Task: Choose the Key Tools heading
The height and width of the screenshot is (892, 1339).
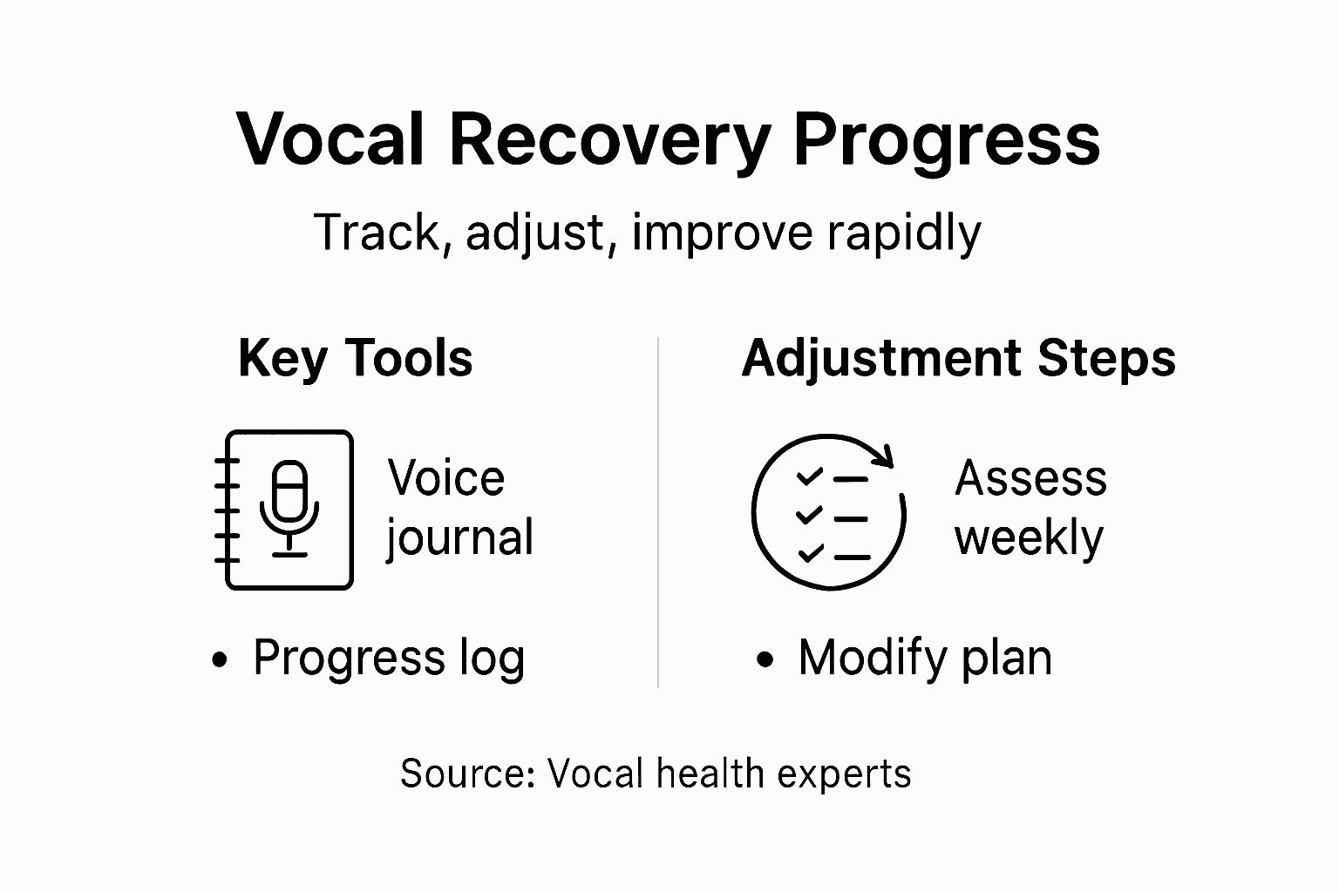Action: coord(355,358)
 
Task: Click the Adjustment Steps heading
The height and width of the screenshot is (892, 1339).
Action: coord(958,358)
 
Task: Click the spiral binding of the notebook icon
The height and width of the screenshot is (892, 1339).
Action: coord(227,510)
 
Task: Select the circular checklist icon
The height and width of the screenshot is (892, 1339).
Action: coord(828,512)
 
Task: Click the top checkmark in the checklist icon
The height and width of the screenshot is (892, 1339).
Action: coord(809,476)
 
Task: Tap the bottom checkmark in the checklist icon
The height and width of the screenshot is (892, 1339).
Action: coord(809,553)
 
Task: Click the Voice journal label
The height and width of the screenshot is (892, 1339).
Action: coord(459,508)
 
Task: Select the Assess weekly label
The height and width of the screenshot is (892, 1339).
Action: coord(1030,508)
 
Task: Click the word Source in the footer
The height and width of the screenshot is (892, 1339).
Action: coord(466,774)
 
